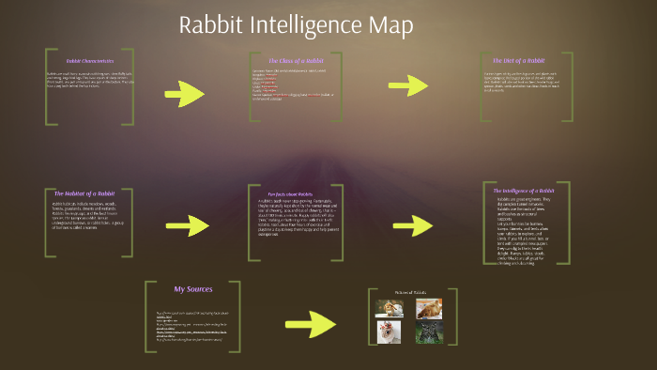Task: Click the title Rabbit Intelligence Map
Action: [x=296, y=25]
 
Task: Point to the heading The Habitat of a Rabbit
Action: [x=84, y=193]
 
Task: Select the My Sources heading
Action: [x=193, y=288]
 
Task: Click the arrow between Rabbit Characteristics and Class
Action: [x=184, y=94]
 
